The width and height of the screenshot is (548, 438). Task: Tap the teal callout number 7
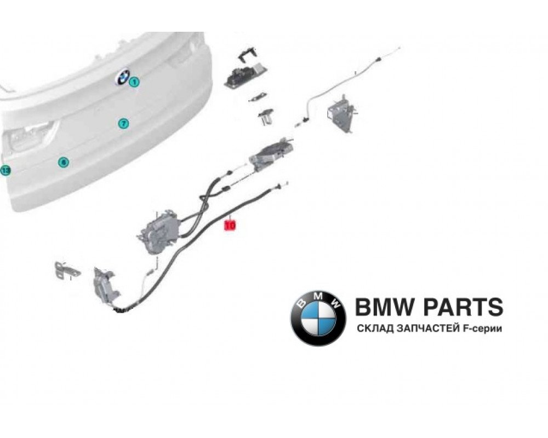(x=123, y=123)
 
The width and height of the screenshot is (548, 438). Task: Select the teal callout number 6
(x=64, y=162)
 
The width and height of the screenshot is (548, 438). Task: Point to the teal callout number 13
(x=5, y=170)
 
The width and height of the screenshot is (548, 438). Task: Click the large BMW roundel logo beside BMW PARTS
(x=318, y=317)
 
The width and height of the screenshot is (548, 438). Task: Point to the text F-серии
(x=483, y=329)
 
